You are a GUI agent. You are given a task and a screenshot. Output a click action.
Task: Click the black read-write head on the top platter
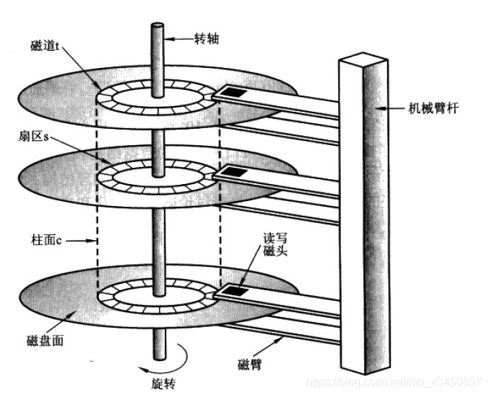tap(233, 92)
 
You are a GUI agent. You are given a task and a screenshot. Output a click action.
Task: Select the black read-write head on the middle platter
tap(233, 172)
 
